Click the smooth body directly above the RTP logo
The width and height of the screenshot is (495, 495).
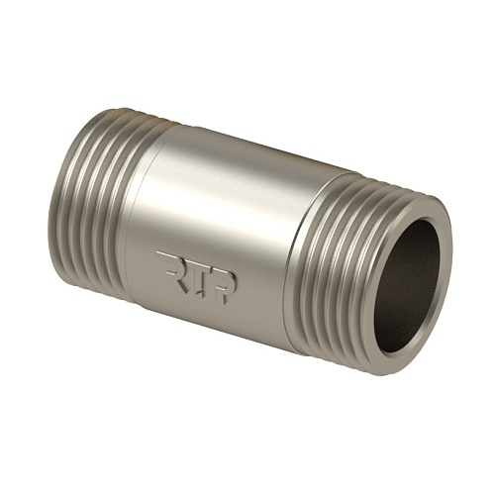pyautogui.click(x=198, y=218)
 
